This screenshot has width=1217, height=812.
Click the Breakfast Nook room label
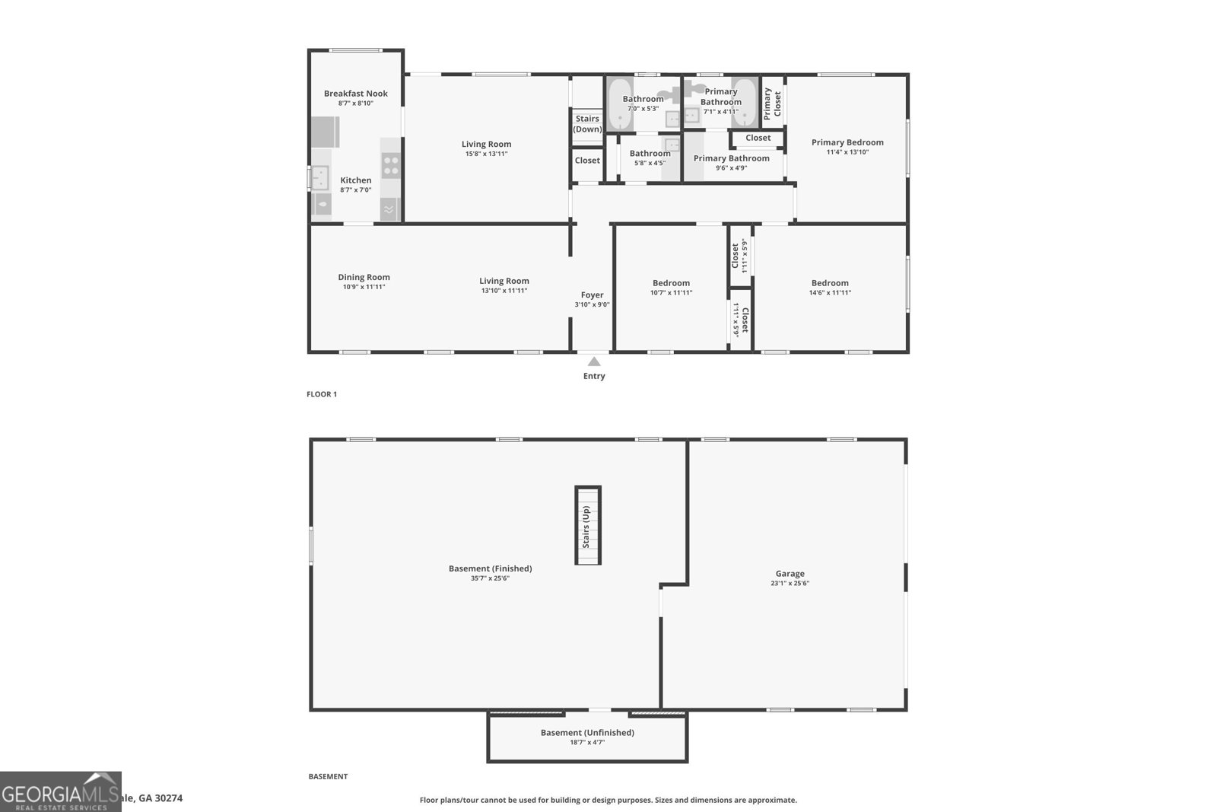pyautogui.click(x=355, y=94)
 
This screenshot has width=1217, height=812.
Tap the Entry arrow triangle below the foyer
pyautogui.click(x=594, y=361)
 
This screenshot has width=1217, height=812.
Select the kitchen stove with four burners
pyautogui.click(x=391, y=165)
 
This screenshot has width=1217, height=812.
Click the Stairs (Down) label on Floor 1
pyautogui.click(x=587, y=124)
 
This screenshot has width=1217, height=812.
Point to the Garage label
pyautogui.click(x=790, y=574)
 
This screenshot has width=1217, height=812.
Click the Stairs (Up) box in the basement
pyautogui.click(x=587, y=525)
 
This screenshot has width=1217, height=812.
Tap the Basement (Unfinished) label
pyautogui.click(x=587, y=732)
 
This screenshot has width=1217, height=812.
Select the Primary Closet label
pyautogui.click(x=772, y=103)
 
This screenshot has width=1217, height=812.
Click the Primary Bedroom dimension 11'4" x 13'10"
pyautogui.click(x=847, y=152)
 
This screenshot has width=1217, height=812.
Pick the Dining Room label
pyautogui.click(x=364, y=277)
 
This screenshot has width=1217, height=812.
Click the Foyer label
pyautogui.click(x=592, y=295)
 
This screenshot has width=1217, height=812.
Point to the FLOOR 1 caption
pyautogui.click(x=321, y=394)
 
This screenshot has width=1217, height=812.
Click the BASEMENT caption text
pyautogui.click(x=328, y=776)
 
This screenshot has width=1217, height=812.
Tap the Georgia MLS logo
pyautogui.click(x=60, y=791)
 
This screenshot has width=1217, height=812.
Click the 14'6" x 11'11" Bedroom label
pyautogui.click(x=829, y=282)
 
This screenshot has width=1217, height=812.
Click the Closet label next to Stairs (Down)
pyautogui.click(x=587, y=161)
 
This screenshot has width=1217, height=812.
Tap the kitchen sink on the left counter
pyautogui.click(x=320, y=177)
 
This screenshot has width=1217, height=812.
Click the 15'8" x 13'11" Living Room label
pyautogui.click(x=486, y=144)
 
